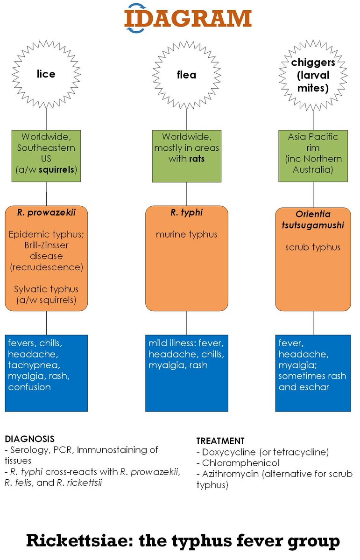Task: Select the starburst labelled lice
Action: point(46,73)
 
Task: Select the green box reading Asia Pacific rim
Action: point(313,154)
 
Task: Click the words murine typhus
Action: point(187,234)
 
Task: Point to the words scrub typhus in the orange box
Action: point(313,247)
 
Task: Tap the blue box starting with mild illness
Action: point(187,373)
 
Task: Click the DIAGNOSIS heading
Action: point(29,439)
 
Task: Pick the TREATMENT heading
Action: point(220,441)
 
